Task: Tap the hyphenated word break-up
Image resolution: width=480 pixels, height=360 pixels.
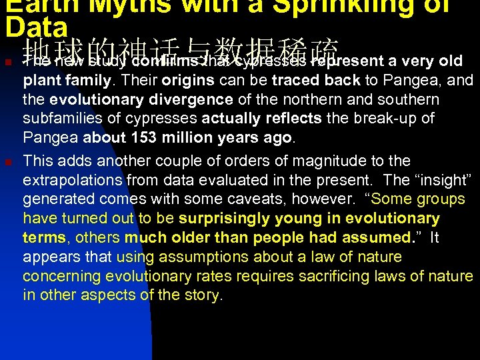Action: click(387, 119)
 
